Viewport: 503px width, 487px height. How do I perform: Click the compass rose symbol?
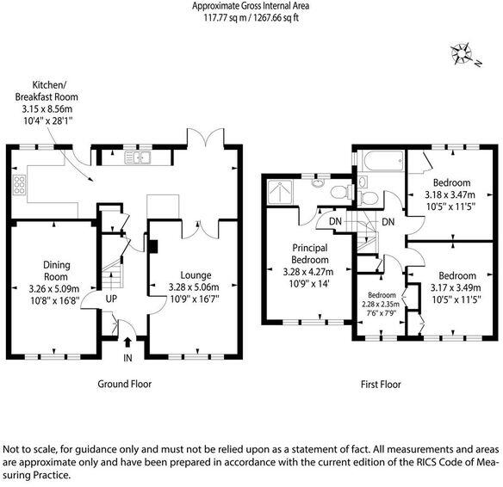462,54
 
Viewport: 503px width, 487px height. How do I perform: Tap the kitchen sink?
138,157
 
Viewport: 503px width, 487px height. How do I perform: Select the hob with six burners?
19,184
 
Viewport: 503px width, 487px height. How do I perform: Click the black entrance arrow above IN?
127,342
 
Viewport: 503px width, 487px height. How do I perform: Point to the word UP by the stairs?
111,299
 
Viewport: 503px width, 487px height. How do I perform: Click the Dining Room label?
57,271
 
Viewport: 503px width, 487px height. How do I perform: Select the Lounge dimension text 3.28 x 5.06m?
194,287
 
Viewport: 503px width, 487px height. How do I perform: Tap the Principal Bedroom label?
310,254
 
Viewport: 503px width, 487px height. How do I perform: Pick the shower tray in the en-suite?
280,192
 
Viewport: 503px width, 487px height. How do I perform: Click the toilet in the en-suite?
341,192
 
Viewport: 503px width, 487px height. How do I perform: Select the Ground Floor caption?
125,384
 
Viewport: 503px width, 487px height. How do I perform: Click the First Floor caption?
381,384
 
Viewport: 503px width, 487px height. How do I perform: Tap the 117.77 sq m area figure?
225,17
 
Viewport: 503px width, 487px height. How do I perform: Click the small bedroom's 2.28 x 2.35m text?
381,304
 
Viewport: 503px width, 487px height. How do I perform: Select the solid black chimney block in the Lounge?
153,247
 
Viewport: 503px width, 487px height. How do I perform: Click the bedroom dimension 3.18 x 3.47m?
450,194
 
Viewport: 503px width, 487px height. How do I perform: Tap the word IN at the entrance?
127,358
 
